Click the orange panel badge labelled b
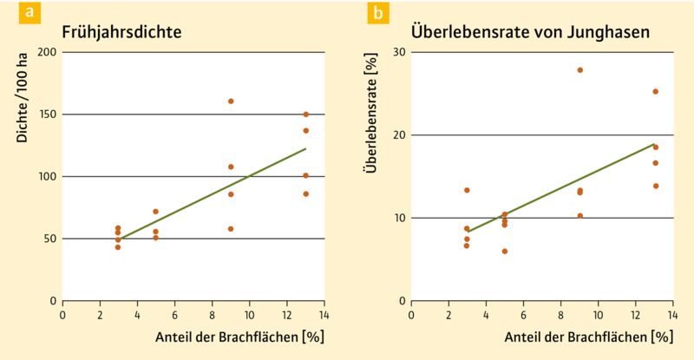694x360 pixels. pyautogui.click(x=378, y=13)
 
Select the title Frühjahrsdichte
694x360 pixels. pyautogui.click(x=121, y=32)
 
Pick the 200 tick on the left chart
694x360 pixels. pyautogui.click(x=46, y=52)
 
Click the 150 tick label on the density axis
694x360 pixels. pyautogui.click(x=46, y=115)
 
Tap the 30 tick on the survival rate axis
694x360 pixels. pyautogui.click(x=399, y=52)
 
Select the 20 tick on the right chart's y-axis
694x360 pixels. pyautogui.click(x=399, y=135)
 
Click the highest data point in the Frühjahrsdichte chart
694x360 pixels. pyautogui.click(x=231, y=101)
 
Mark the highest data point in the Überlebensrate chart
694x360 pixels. pyautogui.click(x=580, y=70)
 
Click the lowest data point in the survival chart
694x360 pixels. pyautogui.click(x=505, y=252)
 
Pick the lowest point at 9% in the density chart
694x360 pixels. pyautogui.click(x=231, y=229)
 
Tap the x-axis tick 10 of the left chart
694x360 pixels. pyautogui.click(x=249, y=313)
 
